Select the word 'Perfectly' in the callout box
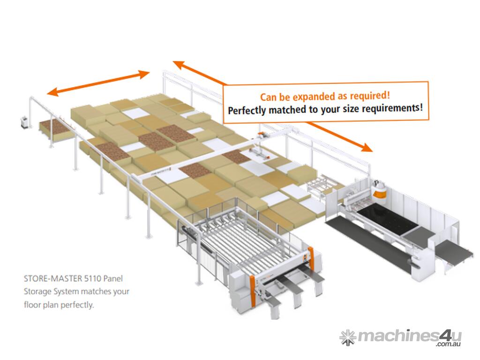247,111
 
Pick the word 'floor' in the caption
32,305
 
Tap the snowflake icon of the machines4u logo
348,337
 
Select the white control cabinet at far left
24,122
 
